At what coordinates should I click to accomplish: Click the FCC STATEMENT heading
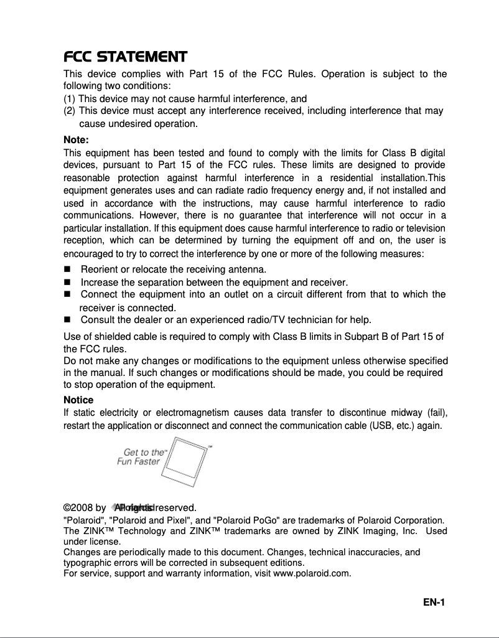click(x=126, y=58)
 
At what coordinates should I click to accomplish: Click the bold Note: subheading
click(x=77, y=139)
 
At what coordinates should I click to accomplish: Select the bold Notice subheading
click(x=78, y=400)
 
